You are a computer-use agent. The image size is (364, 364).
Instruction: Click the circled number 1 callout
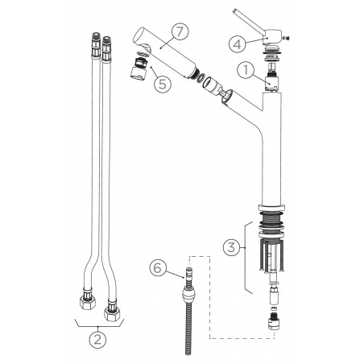point(246,70)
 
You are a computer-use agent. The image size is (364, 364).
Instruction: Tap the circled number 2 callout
point(97,340)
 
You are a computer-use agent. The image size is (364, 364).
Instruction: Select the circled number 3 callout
point(232,247)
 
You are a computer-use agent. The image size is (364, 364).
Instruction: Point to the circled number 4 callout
point(238,44)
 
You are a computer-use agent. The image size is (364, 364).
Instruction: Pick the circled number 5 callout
point(163,84)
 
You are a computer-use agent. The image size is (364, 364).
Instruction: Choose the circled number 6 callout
point(158,267)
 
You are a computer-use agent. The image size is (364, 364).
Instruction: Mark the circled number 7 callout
point(180,31)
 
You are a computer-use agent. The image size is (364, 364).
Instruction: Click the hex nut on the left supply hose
point(88,302)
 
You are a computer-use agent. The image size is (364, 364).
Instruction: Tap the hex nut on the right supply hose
point(112,313)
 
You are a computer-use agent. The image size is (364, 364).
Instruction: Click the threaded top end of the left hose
point(96,38)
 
